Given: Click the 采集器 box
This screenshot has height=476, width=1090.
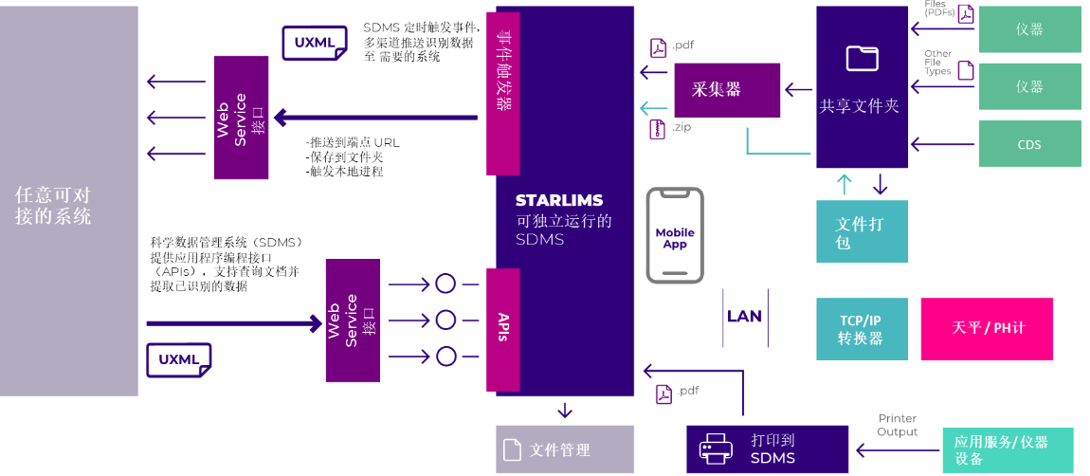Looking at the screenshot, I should pyautogui.click(x=727, y=90).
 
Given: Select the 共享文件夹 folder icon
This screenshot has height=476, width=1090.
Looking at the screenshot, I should pyautogui.click(x=862, y=59).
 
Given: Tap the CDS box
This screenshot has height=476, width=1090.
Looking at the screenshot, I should pyautogui.click(x=1029, y=144).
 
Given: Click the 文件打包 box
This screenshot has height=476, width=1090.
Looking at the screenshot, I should pyautogui.click(x=862, y=232).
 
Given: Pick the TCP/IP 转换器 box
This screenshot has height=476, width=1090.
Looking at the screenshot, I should pyautogui.click(x=862, y=329).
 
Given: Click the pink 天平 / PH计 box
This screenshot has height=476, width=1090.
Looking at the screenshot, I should pyautogui.click(x=987, y=329).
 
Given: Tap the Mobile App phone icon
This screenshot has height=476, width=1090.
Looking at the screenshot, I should pyautogui.click(x=675, y=236).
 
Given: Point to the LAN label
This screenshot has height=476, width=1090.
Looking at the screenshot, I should pyautogui.click(x=744, y=317).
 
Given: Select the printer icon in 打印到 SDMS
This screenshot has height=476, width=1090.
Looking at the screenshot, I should pyautogui.click(x=716, y=449).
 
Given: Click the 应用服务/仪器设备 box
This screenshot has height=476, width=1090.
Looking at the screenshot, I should pyautogui.click(x=1008, y=450).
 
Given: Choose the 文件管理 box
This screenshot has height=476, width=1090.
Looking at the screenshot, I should pyautogui.click(x=565, y=449).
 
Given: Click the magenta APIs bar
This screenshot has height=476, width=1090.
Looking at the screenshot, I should pyautogui.click(x=502, y=330).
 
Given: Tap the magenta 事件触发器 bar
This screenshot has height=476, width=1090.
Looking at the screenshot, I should pyautogui.click(x=502, y=93).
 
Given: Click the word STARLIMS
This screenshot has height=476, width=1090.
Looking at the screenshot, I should pyautogui.click(x=559, y=201).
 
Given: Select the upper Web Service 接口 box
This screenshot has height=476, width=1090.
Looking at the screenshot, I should pyautogui.click(x=241, y=118).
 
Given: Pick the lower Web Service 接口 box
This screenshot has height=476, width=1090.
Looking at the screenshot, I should pyautogui.click(x=353, y=320).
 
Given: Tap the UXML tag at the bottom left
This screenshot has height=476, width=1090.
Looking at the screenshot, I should pyautogui.click(x=178, y=360).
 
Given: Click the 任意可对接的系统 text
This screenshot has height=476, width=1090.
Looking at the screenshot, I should pyautogui.click(x=53, y=206).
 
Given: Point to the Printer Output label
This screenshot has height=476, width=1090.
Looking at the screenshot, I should pyautogui.click(x=897, y=425).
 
